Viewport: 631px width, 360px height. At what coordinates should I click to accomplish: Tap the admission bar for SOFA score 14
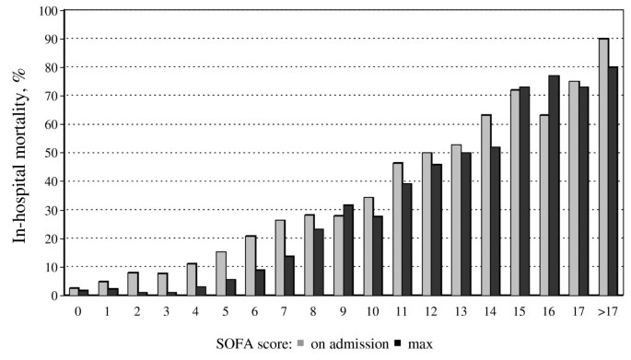pos(486,204)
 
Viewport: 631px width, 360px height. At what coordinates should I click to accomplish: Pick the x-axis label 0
pos(76,310)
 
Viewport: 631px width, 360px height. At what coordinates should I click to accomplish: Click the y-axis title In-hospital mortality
pos(19,151)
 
